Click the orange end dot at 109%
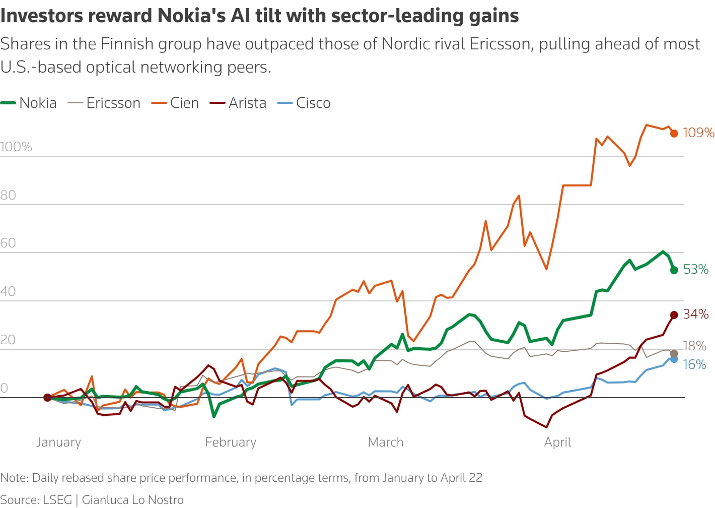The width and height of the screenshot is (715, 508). click(x=674, y=134)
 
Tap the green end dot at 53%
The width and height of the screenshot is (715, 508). click(x=674, y=270)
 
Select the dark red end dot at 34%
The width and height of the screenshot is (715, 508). click(x=674, y=315)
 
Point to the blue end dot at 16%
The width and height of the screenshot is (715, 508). click(x=674, y=359)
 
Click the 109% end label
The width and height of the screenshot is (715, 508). click(x=698, y=133)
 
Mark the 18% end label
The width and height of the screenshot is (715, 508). click(x=694, y=346)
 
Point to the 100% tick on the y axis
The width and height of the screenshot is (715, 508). click(x=16, y=147)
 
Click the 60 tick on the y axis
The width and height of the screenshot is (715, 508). click(x=8, y=243)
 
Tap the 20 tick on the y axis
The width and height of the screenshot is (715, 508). click(x=8, y=340)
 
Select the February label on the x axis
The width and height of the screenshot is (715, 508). click(x=231, y=442)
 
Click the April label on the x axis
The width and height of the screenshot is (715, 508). click(x=557, y=442)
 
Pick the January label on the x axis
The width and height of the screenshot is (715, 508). click(x=58, y=442)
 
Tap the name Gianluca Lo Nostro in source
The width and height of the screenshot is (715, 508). click(x=133, y=499)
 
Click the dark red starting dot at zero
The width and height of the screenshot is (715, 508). click(x=47, y=398)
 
